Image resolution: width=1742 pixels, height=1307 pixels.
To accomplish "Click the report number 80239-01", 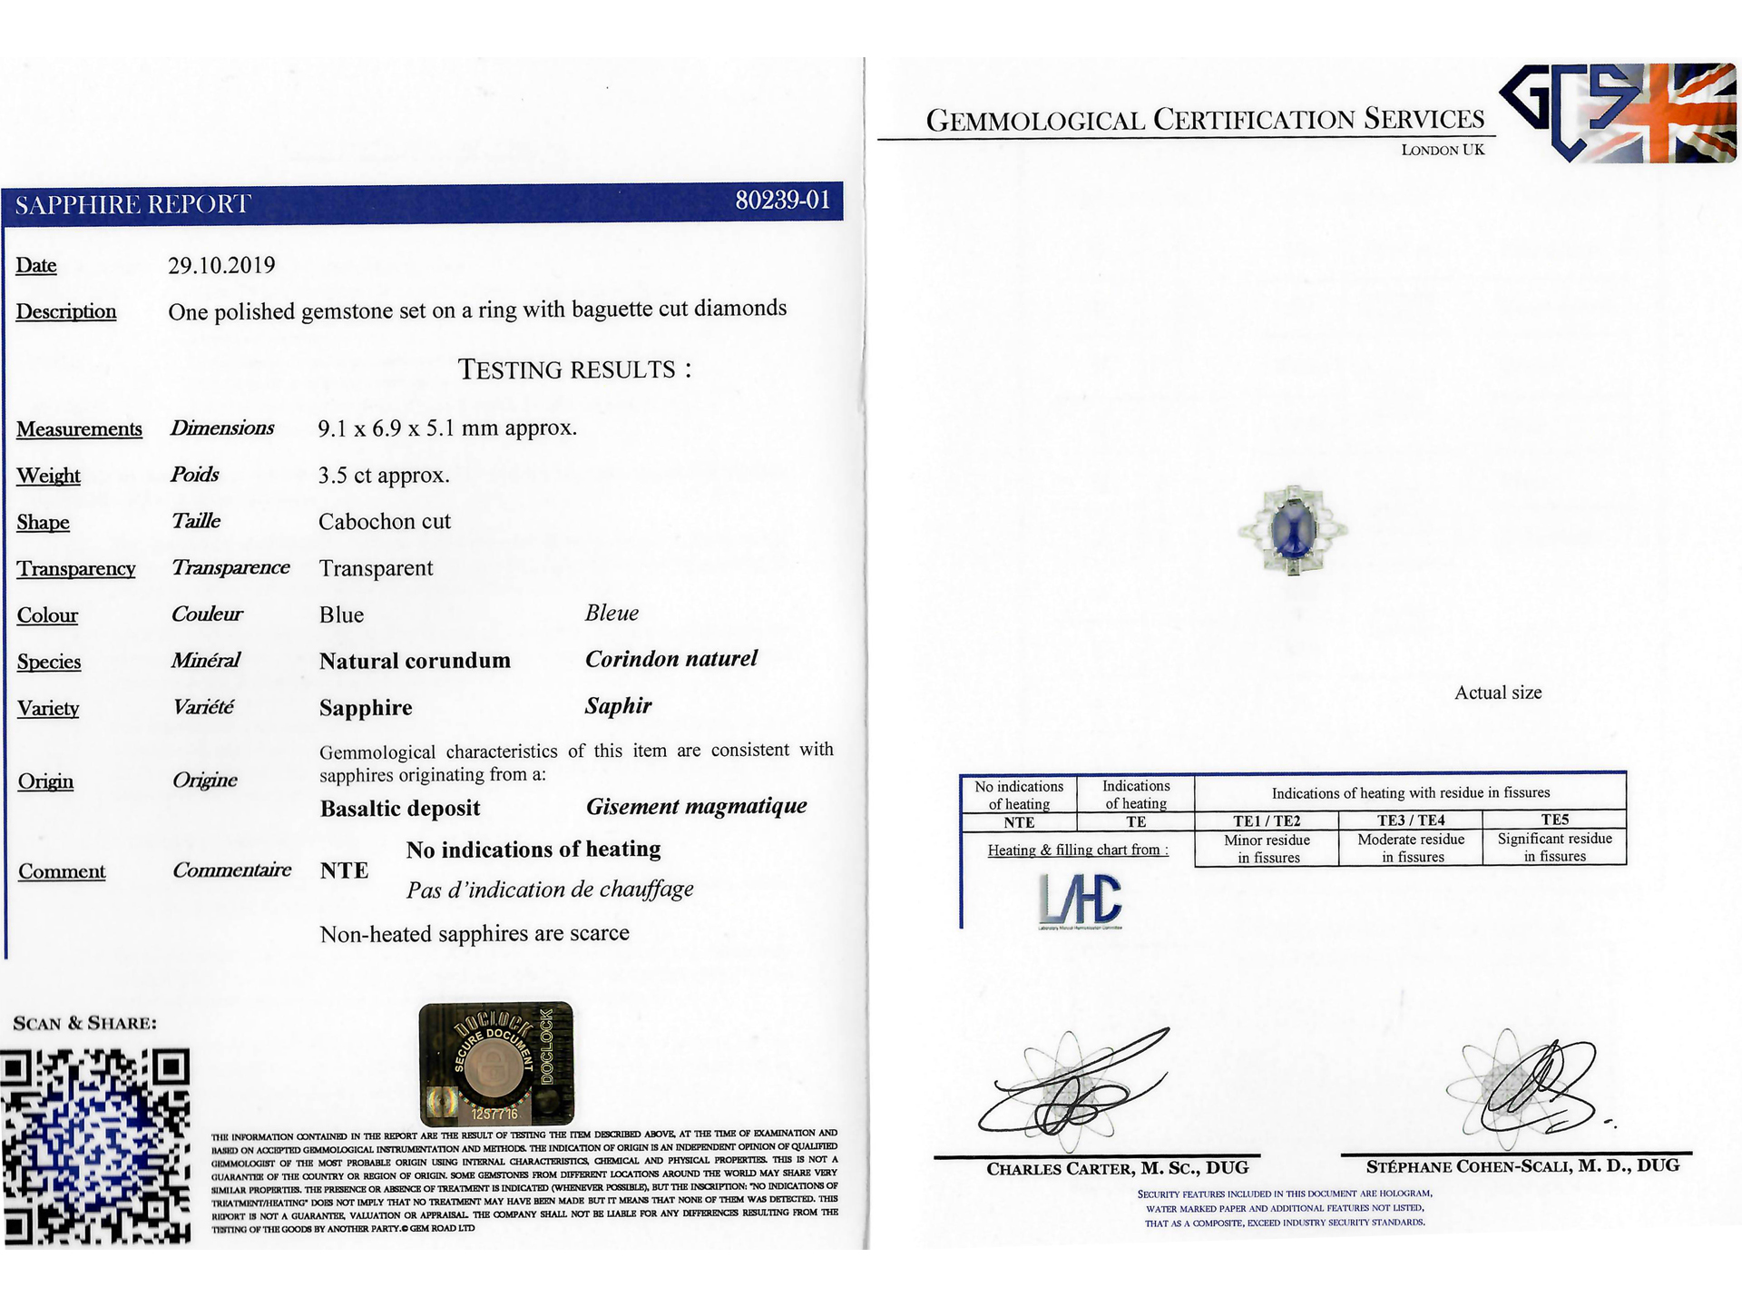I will click(782, 200).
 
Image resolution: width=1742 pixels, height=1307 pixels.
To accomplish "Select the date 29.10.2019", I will click(221, 265).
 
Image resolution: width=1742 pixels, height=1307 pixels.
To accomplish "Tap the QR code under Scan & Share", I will click(96, 1145).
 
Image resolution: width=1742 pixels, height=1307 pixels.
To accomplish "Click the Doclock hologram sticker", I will click(495, 1063).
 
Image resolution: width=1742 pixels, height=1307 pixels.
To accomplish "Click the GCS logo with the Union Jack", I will click(1617, 113).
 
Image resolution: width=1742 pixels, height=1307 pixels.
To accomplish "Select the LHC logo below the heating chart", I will click(1080, 900).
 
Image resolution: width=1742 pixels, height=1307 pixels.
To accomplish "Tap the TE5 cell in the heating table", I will click(1554, 820).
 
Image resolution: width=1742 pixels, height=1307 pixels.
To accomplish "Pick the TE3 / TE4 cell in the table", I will click(1411, 821).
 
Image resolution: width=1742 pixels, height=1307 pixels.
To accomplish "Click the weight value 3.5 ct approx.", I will click(384, 476).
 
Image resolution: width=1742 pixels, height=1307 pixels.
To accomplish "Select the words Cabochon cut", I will click(385, 522).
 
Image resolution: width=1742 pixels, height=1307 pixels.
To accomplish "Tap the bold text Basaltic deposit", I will click(400, 808).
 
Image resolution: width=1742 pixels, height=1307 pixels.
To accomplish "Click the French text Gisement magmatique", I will click(696, 806).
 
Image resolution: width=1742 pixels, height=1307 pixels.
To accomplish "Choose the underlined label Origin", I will click(45, 781).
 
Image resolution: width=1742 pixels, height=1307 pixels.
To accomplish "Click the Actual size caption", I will click(1498, 693).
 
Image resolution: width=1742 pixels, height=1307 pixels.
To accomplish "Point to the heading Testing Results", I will click(574, 369).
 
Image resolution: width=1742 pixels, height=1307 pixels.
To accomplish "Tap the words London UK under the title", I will click(1443, 150).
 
